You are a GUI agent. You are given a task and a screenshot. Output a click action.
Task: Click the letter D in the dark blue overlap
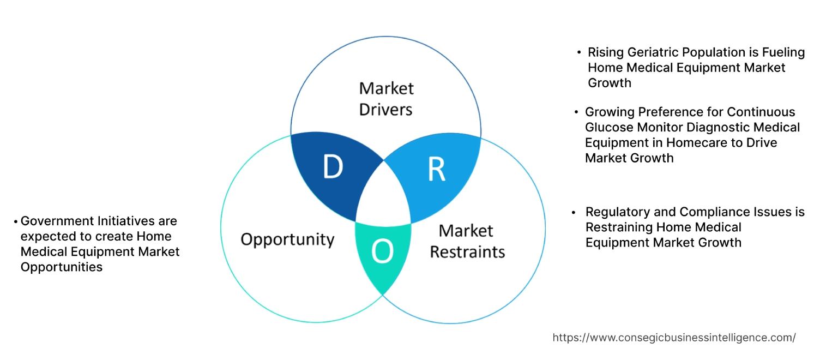pos(333,167)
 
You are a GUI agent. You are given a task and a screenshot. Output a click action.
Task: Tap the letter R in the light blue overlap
pos(436,170)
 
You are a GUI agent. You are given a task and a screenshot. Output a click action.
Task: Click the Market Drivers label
pos(386,99)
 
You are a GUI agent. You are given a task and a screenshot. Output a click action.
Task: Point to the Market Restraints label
pos(467,241)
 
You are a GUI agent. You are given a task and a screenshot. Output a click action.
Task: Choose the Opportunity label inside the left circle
pos(287,239)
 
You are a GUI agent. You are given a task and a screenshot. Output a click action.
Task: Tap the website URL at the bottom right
pos(674,338)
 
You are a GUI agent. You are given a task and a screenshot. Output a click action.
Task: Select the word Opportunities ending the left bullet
pos(61,267)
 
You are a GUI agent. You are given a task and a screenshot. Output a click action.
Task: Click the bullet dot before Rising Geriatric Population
pos(579,53)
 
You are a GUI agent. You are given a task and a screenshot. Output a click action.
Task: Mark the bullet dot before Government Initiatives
pos(16,222)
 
